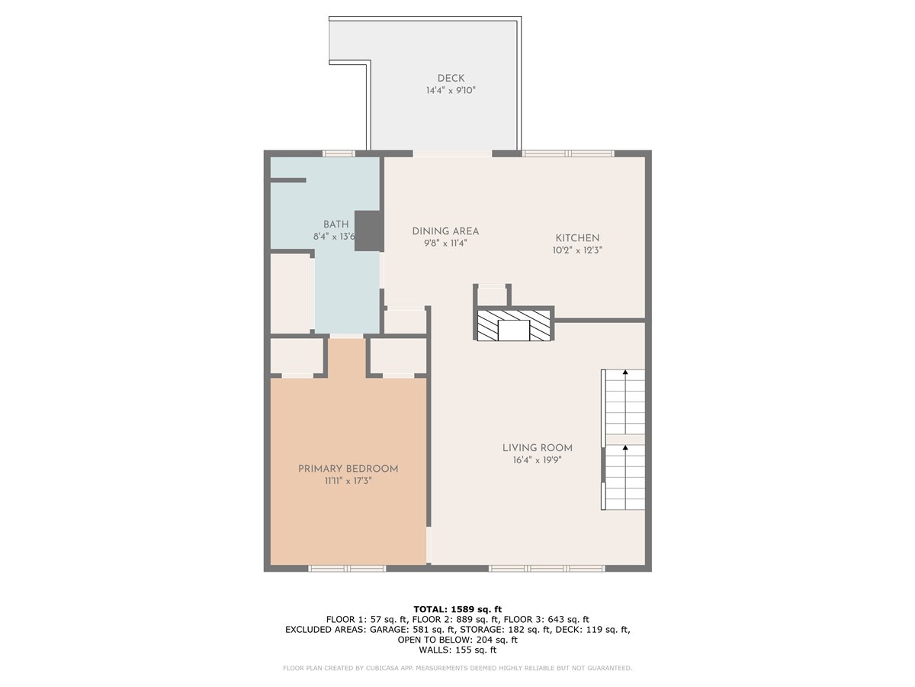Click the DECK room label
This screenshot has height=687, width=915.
click(x=451, y=78)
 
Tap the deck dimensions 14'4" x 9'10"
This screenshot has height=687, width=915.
click(x=451, y=90)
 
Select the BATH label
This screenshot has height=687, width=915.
click(x=335, y=224)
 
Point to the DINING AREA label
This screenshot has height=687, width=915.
click(x=445, y=231)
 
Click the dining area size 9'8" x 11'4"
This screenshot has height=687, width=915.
click(x=445, y=243)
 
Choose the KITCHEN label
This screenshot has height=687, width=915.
click(x=577, y=237)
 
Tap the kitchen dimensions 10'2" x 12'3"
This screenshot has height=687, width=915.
click(x=577, y=250)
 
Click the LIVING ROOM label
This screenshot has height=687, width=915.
click(x=538, y=447)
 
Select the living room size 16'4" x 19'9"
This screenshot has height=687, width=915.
click(x=538, y=460)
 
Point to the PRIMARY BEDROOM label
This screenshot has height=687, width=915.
click(x=348, y=469)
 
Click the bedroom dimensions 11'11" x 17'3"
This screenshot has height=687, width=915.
click(x=348, y=481)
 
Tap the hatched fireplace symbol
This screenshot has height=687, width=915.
click(x=514, y=325)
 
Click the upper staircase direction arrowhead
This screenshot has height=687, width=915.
click(x=624, y=372)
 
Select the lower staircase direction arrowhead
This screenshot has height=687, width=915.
click(x=624, y=447)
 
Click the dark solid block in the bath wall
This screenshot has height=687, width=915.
click(x=369, y=231)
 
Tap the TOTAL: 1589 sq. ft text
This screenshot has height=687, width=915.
click(x=457, y=609)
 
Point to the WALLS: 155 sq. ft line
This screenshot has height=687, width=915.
click(x=457, y=650)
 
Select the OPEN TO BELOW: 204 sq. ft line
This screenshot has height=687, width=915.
click(x=457, y=640)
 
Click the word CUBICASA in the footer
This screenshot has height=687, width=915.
click(x=381, y=668)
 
